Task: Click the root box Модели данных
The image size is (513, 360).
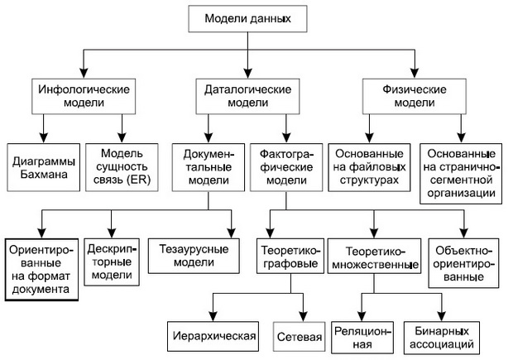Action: point(248,17)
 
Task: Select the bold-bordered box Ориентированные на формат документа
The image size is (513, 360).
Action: point(41,268)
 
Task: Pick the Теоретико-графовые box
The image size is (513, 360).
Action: point(287,257)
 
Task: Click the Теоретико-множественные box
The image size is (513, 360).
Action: point(371,257)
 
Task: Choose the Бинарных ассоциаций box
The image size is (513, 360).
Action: point(443,336)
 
